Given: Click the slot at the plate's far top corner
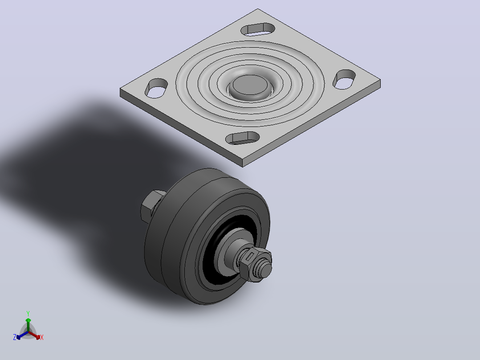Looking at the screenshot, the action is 258,29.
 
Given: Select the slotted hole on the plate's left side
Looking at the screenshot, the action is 156,88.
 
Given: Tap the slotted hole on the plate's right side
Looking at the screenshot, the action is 344,79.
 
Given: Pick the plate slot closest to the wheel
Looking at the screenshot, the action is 243,138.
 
